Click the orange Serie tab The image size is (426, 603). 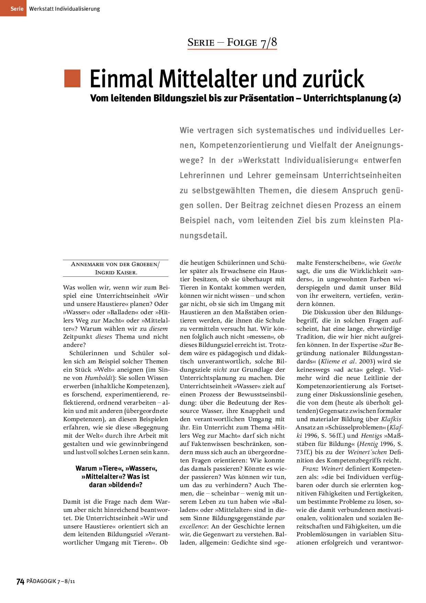(x=13, y=8)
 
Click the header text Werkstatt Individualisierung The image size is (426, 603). (x=65, y=9)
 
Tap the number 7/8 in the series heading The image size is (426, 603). (x=269, y=42)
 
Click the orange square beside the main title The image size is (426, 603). (x=72, y=78)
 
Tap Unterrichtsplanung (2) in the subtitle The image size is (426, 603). (x=352, y=98)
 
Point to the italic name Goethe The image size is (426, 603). (x=392, y=263)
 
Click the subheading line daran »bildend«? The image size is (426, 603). (x=115, y=485)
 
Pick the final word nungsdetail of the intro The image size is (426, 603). (x=203, y=235)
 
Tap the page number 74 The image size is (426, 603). (x=20, y=581)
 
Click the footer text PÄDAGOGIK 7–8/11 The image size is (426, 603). (x=51, y=581)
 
